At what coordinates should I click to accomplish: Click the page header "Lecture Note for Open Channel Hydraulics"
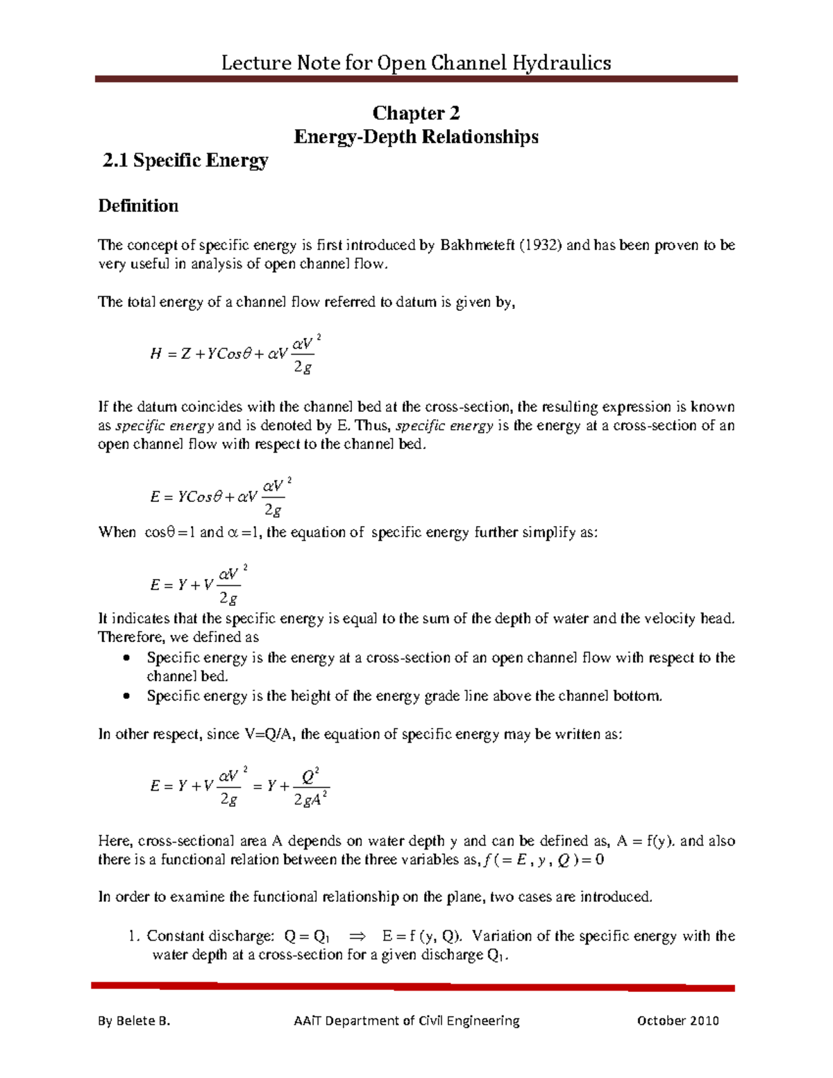pos(416,63)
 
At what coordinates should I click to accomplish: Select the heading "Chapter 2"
pos(416,113)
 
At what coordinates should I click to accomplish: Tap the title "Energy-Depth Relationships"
pos(416,137)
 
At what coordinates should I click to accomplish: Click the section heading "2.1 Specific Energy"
pos(185,160)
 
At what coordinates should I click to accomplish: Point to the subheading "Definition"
pos(138,206)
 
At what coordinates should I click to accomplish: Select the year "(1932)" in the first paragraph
pos(541,245)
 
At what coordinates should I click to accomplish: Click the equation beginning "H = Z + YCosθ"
pos(235,354)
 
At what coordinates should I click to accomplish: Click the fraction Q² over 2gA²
pos(310,787)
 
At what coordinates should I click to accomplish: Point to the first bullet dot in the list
pos(126,658)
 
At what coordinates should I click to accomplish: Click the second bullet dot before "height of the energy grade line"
pos(126,696)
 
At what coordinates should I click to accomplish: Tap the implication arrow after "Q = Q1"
pos(356,936)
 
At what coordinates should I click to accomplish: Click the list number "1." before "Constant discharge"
pos(135,936)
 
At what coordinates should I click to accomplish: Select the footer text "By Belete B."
pos(134,1020)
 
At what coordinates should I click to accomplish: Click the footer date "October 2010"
pos(678,1020)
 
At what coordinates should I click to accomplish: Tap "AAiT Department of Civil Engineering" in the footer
pos(407,1020)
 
